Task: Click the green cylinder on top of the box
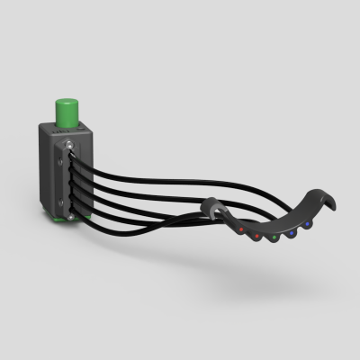pos(67,111)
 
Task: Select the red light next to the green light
pos(257,237)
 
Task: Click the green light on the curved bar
pos(274,238)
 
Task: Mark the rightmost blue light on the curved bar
pos(307,222)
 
